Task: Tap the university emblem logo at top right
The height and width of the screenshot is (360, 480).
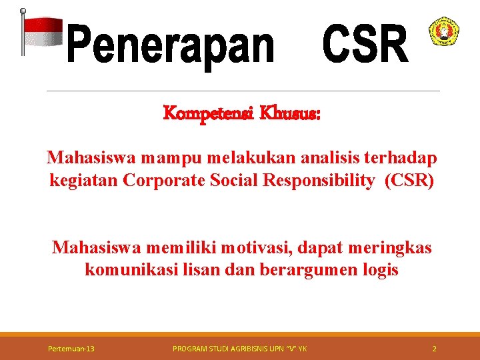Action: [x=443, y=31]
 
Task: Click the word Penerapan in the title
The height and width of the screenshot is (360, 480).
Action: [x=171, y=45]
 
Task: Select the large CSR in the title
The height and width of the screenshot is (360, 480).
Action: [x=365, y=43]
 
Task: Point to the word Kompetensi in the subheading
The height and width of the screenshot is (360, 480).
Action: [x=201, y=114]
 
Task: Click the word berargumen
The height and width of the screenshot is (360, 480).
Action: [x=316, y=270]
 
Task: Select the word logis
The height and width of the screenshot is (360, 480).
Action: [x=381, y=270]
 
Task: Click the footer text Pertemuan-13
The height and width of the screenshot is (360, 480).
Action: [x=71, y=349]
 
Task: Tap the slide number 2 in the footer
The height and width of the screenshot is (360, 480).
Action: [x=434, y=349]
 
